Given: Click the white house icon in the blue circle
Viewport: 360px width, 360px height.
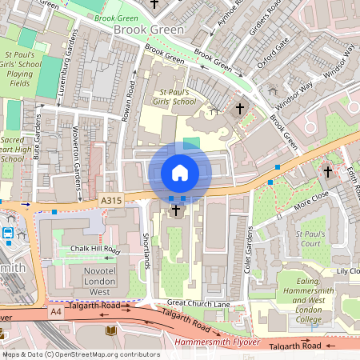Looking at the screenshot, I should click(x=180, y=172).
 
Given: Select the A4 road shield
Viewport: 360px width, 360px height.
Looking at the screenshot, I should click(x=55, y=310).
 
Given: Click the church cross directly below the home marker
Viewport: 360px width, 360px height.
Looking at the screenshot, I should click(x=177, y=210).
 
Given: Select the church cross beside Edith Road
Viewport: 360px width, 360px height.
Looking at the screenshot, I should click(x=326, y=170).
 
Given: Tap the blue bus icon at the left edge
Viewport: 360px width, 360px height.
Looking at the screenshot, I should click(x=8, y=233).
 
